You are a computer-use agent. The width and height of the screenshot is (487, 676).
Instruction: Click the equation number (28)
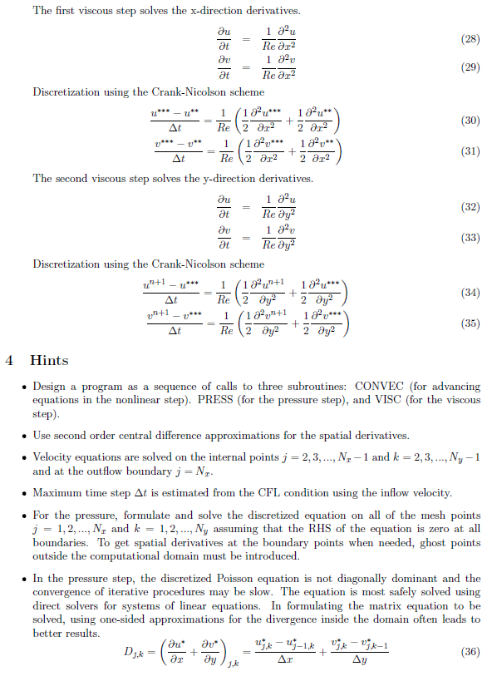[x=470, y=39]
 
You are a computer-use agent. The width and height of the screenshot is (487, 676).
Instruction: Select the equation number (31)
[x=470, y=151]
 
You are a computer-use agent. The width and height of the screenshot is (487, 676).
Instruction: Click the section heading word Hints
[x=49, y=361]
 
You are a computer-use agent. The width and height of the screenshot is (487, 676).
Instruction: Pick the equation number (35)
[x=470, y=323]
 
